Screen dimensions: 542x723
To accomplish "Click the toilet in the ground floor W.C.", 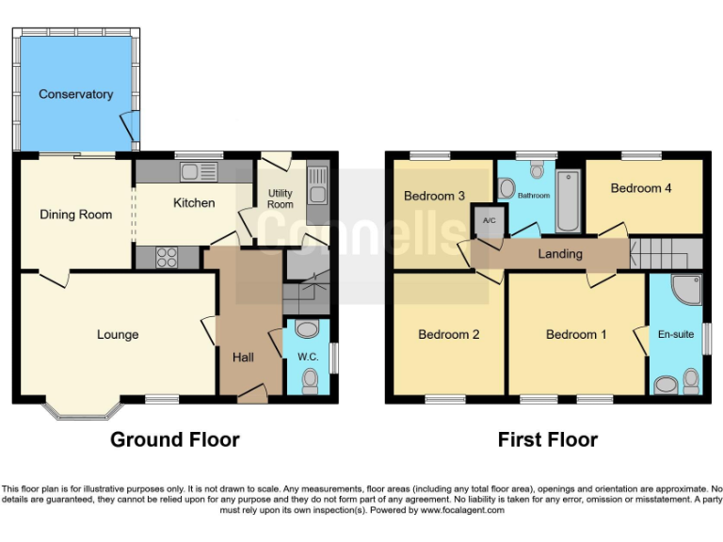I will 310,378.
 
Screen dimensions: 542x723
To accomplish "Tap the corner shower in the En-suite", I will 687,290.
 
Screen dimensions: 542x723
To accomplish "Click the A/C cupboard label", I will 489,220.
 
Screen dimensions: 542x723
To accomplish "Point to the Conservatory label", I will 76,94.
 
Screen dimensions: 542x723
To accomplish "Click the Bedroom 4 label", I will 641,188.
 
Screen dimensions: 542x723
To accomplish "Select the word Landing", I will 560,254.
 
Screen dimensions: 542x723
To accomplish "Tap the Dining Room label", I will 75,215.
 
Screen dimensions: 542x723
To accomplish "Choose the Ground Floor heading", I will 175,439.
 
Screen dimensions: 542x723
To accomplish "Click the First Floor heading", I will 547,439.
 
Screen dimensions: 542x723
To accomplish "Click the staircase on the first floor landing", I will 665,254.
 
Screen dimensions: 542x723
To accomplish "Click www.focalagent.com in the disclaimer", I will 466,511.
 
